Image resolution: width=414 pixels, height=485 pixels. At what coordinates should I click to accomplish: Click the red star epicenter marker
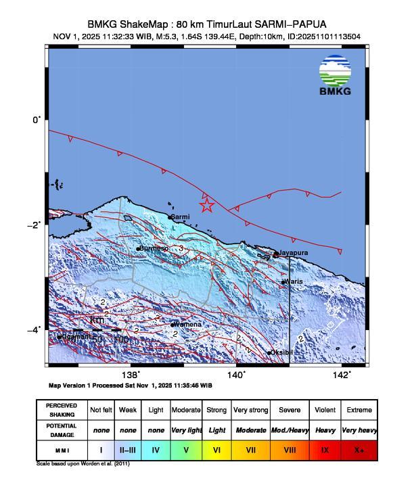pos(207,205)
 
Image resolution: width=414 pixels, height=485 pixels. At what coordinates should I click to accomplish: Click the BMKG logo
pos(336,76)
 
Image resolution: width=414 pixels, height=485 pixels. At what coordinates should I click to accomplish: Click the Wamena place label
pos(187,325)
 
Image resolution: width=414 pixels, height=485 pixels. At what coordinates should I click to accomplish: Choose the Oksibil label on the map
pos(281,352)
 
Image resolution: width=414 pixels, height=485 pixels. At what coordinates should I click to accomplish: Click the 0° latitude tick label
pos(38,120)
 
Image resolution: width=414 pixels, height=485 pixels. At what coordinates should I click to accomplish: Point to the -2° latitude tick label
pos(37,225)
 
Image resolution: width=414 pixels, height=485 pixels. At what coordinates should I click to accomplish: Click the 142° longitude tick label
pos(344,375)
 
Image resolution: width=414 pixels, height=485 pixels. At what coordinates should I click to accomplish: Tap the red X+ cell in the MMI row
pos(359,448)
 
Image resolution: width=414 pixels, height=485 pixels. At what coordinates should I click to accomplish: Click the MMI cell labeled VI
pos(216,448)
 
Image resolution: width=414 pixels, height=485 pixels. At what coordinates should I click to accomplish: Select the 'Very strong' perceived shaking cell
pos(250,410)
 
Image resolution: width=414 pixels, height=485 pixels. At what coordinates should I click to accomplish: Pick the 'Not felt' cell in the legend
pos(101,410)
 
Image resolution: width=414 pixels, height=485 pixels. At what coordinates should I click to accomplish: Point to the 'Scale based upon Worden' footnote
pos(83,464)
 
